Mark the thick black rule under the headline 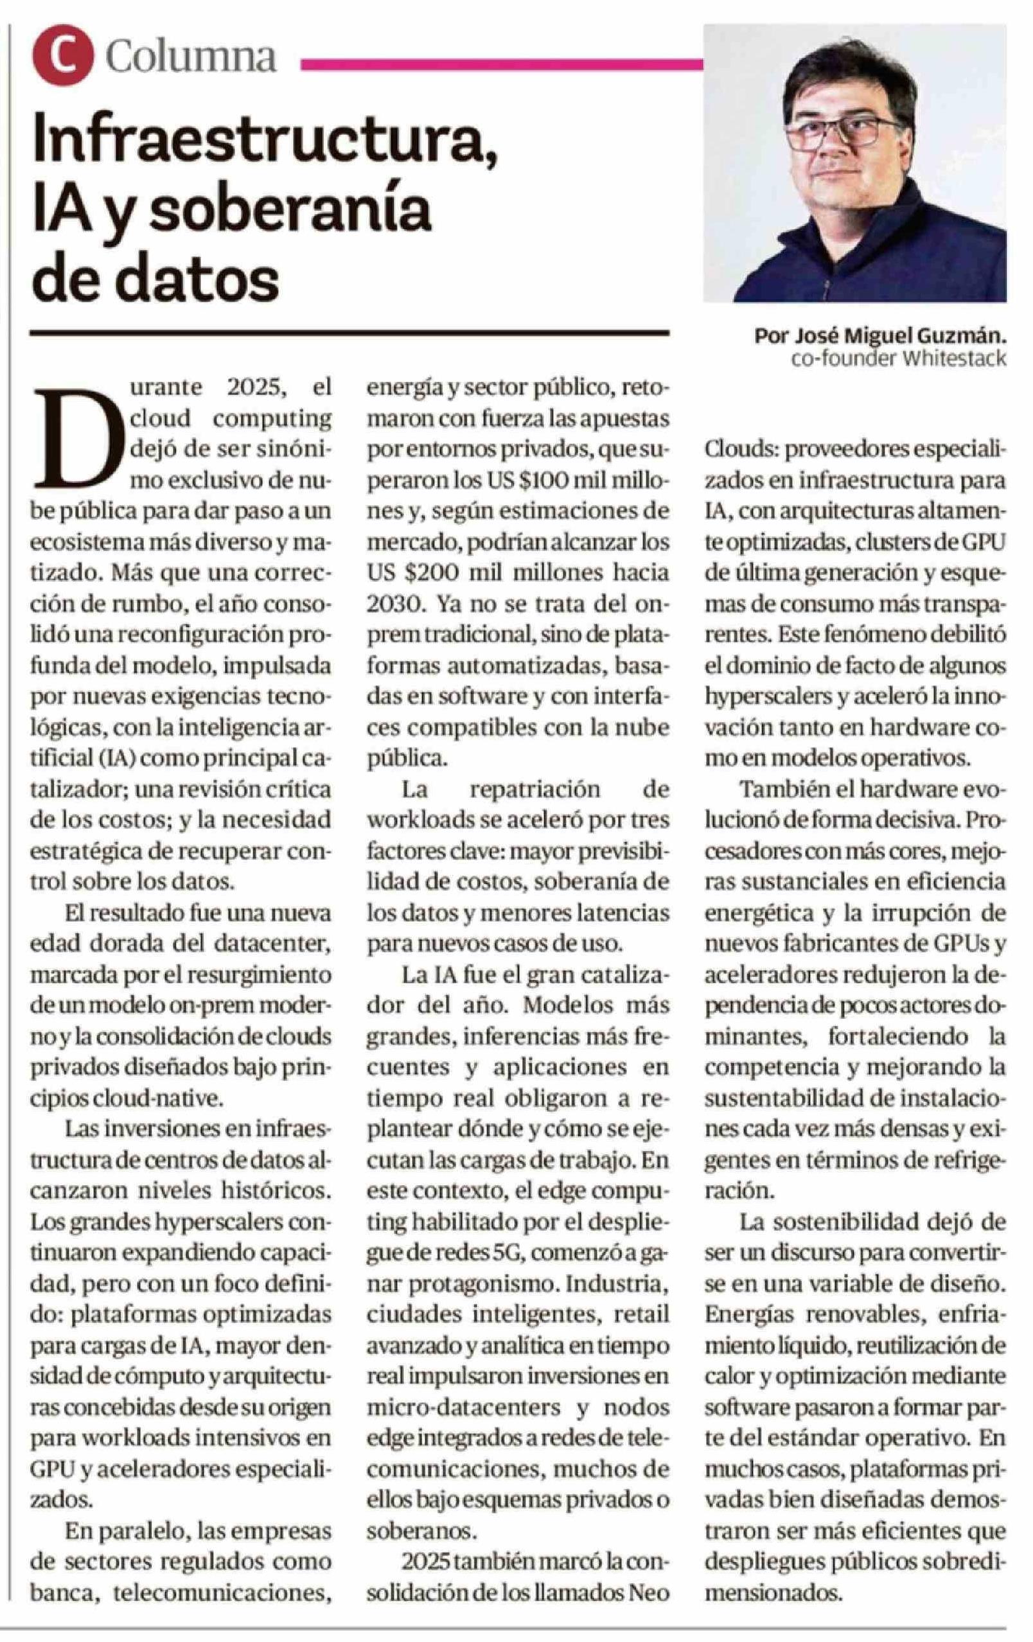[348, 333]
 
